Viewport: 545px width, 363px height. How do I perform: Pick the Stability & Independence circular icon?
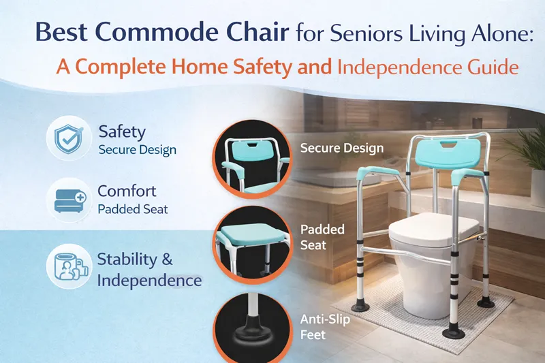69,266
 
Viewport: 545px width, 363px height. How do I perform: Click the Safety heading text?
122,131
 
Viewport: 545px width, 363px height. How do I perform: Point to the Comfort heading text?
127,191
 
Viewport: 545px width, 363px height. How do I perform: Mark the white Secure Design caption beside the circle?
342,148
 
